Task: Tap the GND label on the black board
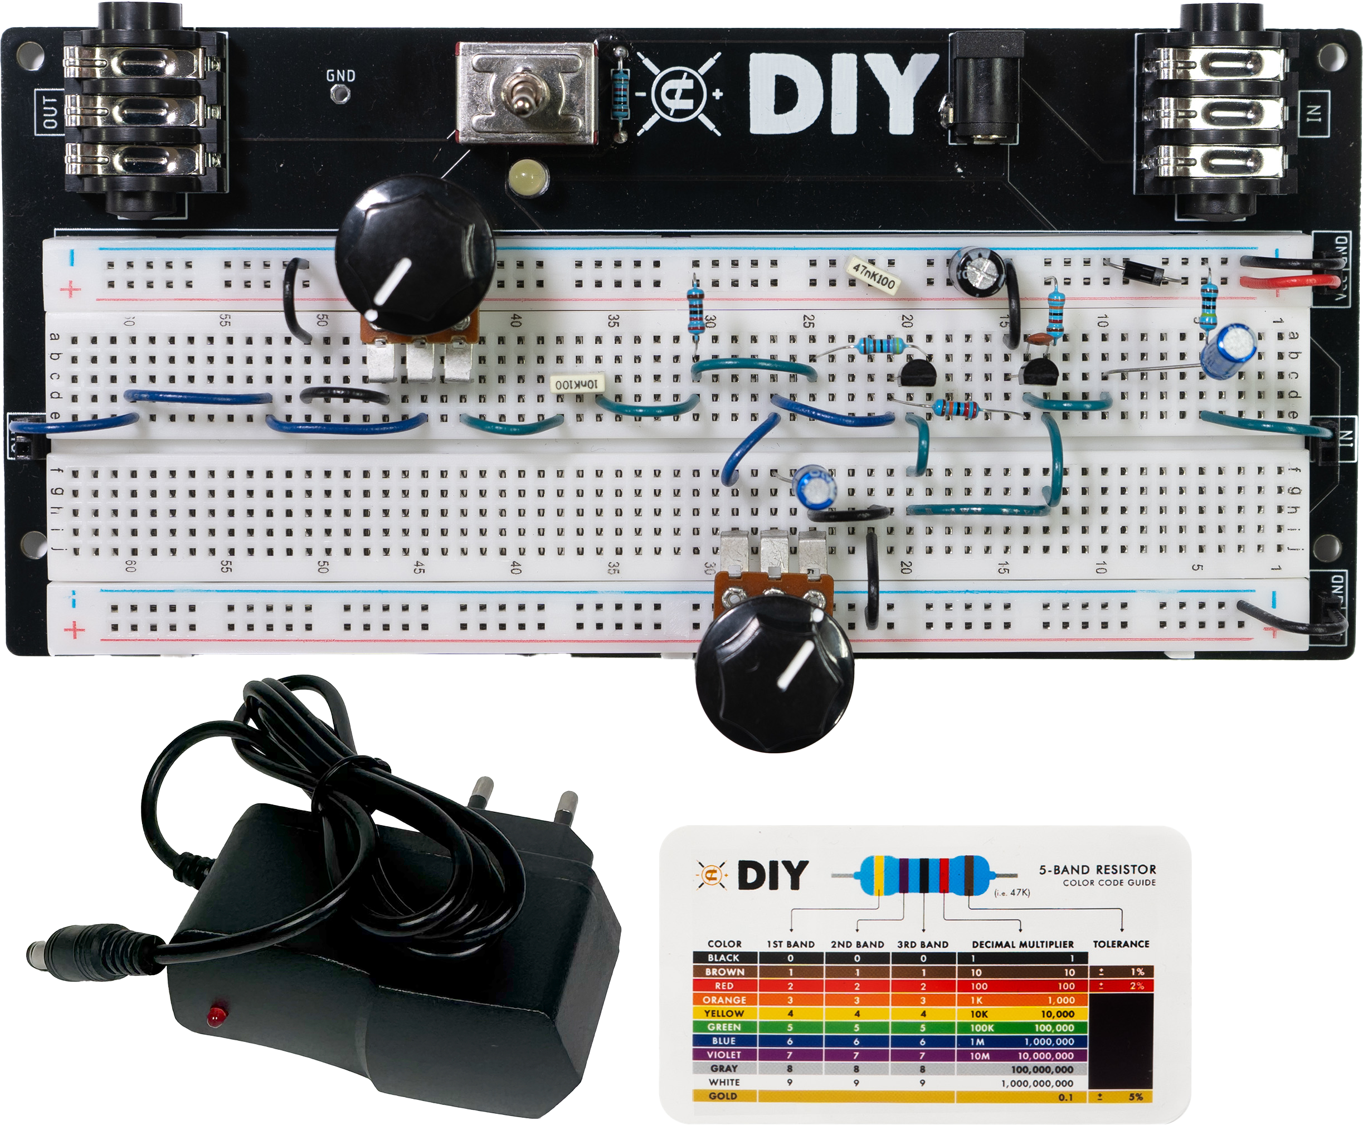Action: (340, 76)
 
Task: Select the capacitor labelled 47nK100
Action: (874, 276)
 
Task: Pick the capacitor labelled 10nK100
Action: (576, 384)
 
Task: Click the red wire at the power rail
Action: (1288, 281)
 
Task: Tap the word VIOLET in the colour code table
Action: (724, 1055)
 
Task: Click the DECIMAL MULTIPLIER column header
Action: (1023, 944)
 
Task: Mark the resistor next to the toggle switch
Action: (620, 95)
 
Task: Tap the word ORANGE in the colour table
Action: (724, 1000)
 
